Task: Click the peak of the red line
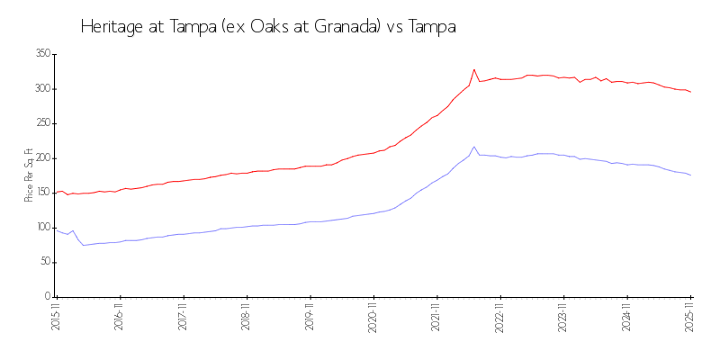[x=474, y=69]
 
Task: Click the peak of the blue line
[x=474, y=147]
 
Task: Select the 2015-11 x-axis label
[x=56, y=316]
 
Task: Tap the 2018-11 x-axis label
[x=246, y=316]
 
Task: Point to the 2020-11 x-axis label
[x=373, y=316]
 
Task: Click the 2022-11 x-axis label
[x=499, y=316]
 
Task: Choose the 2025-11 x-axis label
[x=690, y=316]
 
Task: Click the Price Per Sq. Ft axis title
[x=29, y=175]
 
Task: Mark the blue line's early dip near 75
[x=84, y=245]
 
